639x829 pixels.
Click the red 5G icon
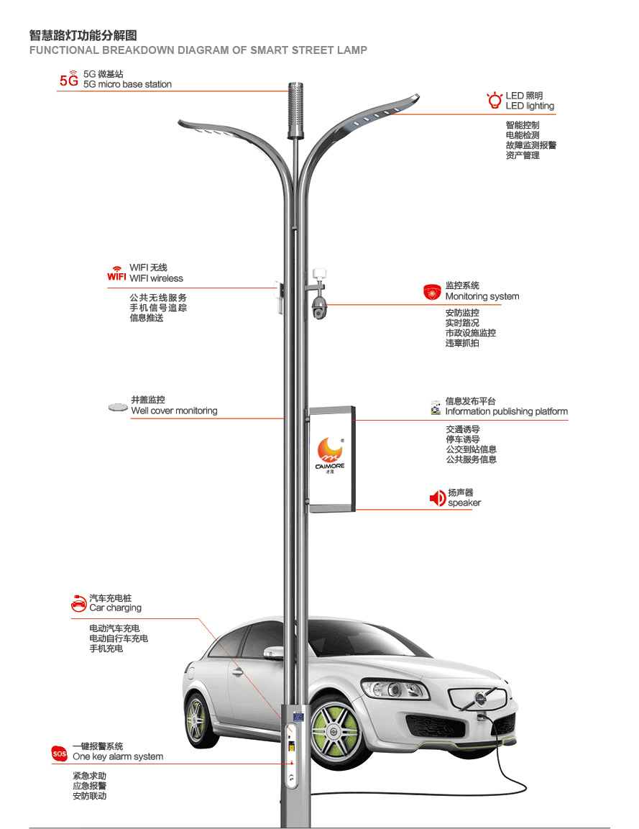coord(69,79)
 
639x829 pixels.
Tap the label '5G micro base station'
coord(127,84)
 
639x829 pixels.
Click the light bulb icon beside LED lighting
coord(494,101)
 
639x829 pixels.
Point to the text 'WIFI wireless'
coord(156,278)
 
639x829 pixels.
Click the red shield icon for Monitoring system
coord(432,291)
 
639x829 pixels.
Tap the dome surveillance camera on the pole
coord(318,308)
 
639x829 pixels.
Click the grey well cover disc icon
coord(118,408)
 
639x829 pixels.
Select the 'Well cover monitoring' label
coord(174,411)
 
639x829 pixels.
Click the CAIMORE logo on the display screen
coord(331,453)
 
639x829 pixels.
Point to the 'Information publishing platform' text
coord(506,411)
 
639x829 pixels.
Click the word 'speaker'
coord(464,503)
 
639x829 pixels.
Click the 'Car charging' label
coord(115,608)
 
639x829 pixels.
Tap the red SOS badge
coord(59,753)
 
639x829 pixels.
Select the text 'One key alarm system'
coord(118,756)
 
